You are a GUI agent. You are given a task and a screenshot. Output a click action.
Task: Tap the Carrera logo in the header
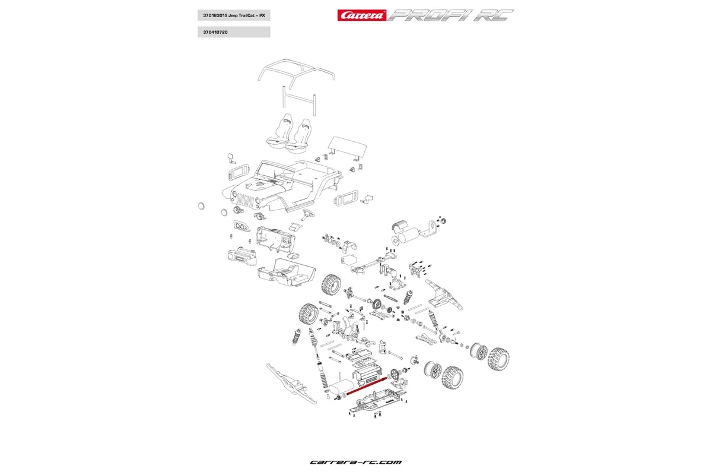pos(361,15)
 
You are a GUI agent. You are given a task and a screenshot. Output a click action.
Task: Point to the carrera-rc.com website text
pos(356,461)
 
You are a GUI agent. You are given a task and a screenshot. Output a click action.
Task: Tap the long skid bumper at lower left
pos(291,383)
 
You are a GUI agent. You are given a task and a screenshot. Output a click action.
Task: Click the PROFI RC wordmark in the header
pos(451,15)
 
